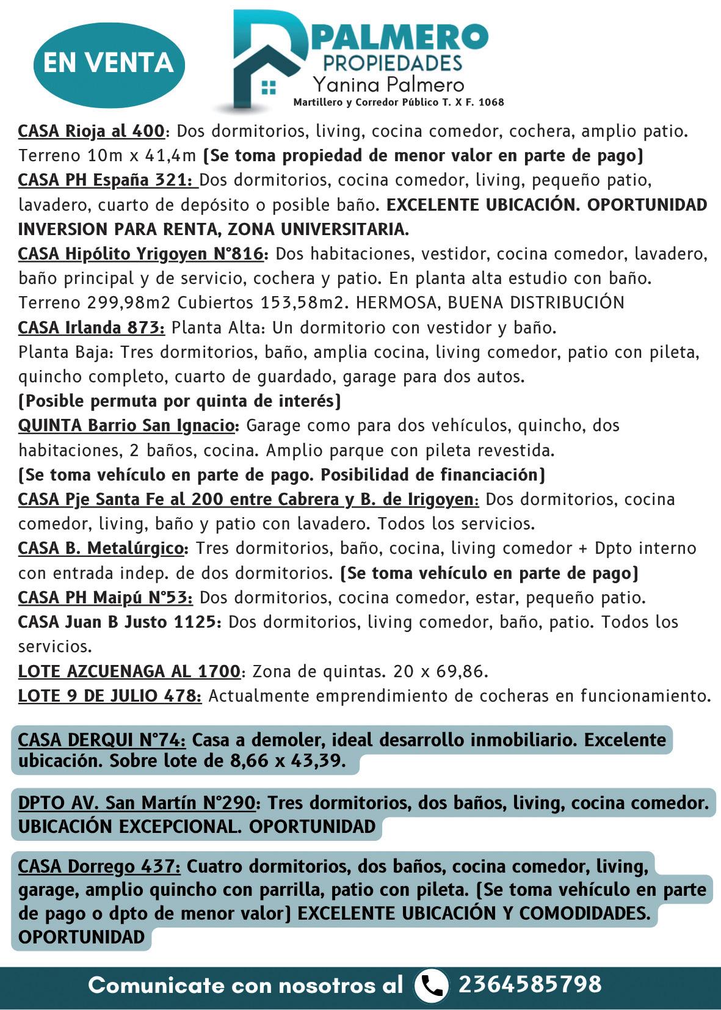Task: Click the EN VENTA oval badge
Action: coord(108,64)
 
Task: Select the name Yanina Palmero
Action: coord(388,84)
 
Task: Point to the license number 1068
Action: coord(491,103)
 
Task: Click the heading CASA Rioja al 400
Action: coord(92,131)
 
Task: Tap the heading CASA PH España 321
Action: coord(107,180)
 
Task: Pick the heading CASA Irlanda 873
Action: coord(92,328)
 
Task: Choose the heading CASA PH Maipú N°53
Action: coord(105,597)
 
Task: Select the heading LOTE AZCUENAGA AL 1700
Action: coord(129,671)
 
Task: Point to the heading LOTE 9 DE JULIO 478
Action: coord(110,696)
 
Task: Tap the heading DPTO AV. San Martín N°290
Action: coord(137,802)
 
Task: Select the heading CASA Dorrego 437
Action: coord(100,866)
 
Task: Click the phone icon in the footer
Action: coord(432,985)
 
